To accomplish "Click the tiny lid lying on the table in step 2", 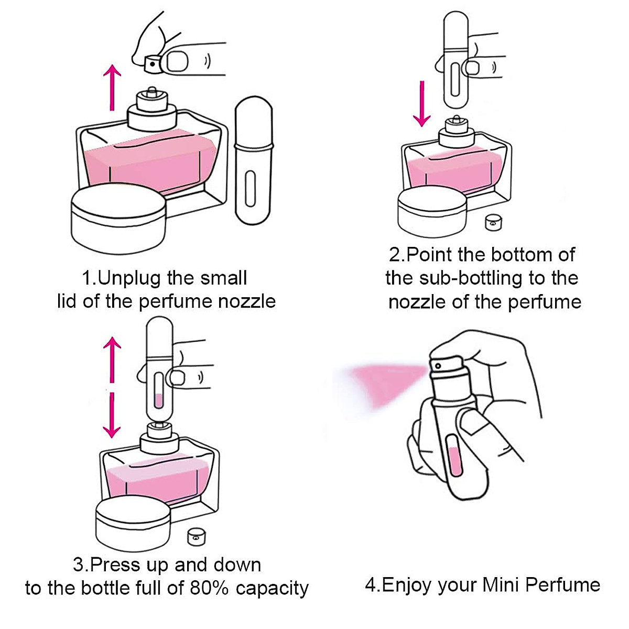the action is pyautogui.click(x=492, y=222).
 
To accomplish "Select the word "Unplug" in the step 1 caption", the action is pyautogui.click(x=128, y=278).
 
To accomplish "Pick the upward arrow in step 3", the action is pyautogui.click(x=112, y=359).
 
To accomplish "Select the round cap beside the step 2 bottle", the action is pyautogui.click(x=432, y=211).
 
